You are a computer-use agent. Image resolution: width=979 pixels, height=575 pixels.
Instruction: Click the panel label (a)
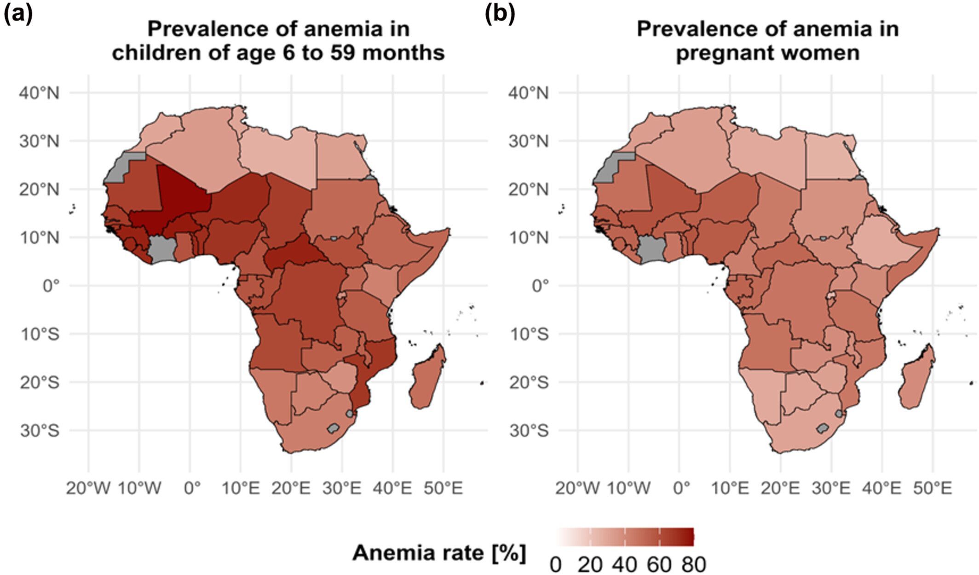point(18,15)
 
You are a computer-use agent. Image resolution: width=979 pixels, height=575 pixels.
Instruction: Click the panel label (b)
point(500,15)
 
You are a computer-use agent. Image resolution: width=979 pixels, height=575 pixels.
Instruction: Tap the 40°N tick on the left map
point(39,93)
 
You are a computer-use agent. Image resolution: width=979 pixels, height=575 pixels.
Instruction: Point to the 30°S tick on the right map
point(529,431)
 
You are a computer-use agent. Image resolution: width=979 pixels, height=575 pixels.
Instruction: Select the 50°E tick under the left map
point(443,488)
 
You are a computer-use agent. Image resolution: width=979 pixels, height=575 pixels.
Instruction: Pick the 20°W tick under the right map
point(577,488)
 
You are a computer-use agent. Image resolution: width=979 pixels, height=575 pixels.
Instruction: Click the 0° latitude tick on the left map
point(51,286)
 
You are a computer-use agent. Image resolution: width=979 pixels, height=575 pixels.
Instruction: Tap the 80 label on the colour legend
point(694,564)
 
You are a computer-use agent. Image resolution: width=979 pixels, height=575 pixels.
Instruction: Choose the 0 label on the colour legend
point(556,564)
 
